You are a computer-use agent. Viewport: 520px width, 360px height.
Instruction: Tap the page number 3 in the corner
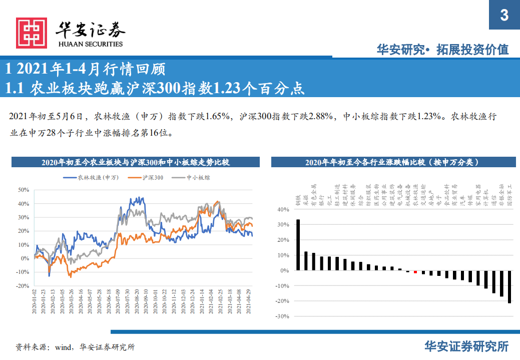(x=504, y=16)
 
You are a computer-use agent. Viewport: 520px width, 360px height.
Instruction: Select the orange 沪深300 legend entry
(x=146, y=177)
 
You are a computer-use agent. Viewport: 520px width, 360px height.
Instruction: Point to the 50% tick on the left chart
(x=24, y=190)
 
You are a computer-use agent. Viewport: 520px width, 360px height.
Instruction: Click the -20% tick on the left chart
(x=23, y=286)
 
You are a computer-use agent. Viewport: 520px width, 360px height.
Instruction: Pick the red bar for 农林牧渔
(x=415, y=272)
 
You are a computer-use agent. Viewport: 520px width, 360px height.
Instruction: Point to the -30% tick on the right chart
(x=283, y=316)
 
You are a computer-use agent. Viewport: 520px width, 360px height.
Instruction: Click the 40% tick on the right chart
(x=283, y=210)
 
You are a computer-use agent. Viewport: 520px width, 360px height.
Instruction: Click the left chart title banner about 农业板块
(x=135, y=162)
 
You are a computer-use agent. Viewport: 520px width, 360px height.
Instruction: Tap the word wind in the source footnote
(x=64, y=346)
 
